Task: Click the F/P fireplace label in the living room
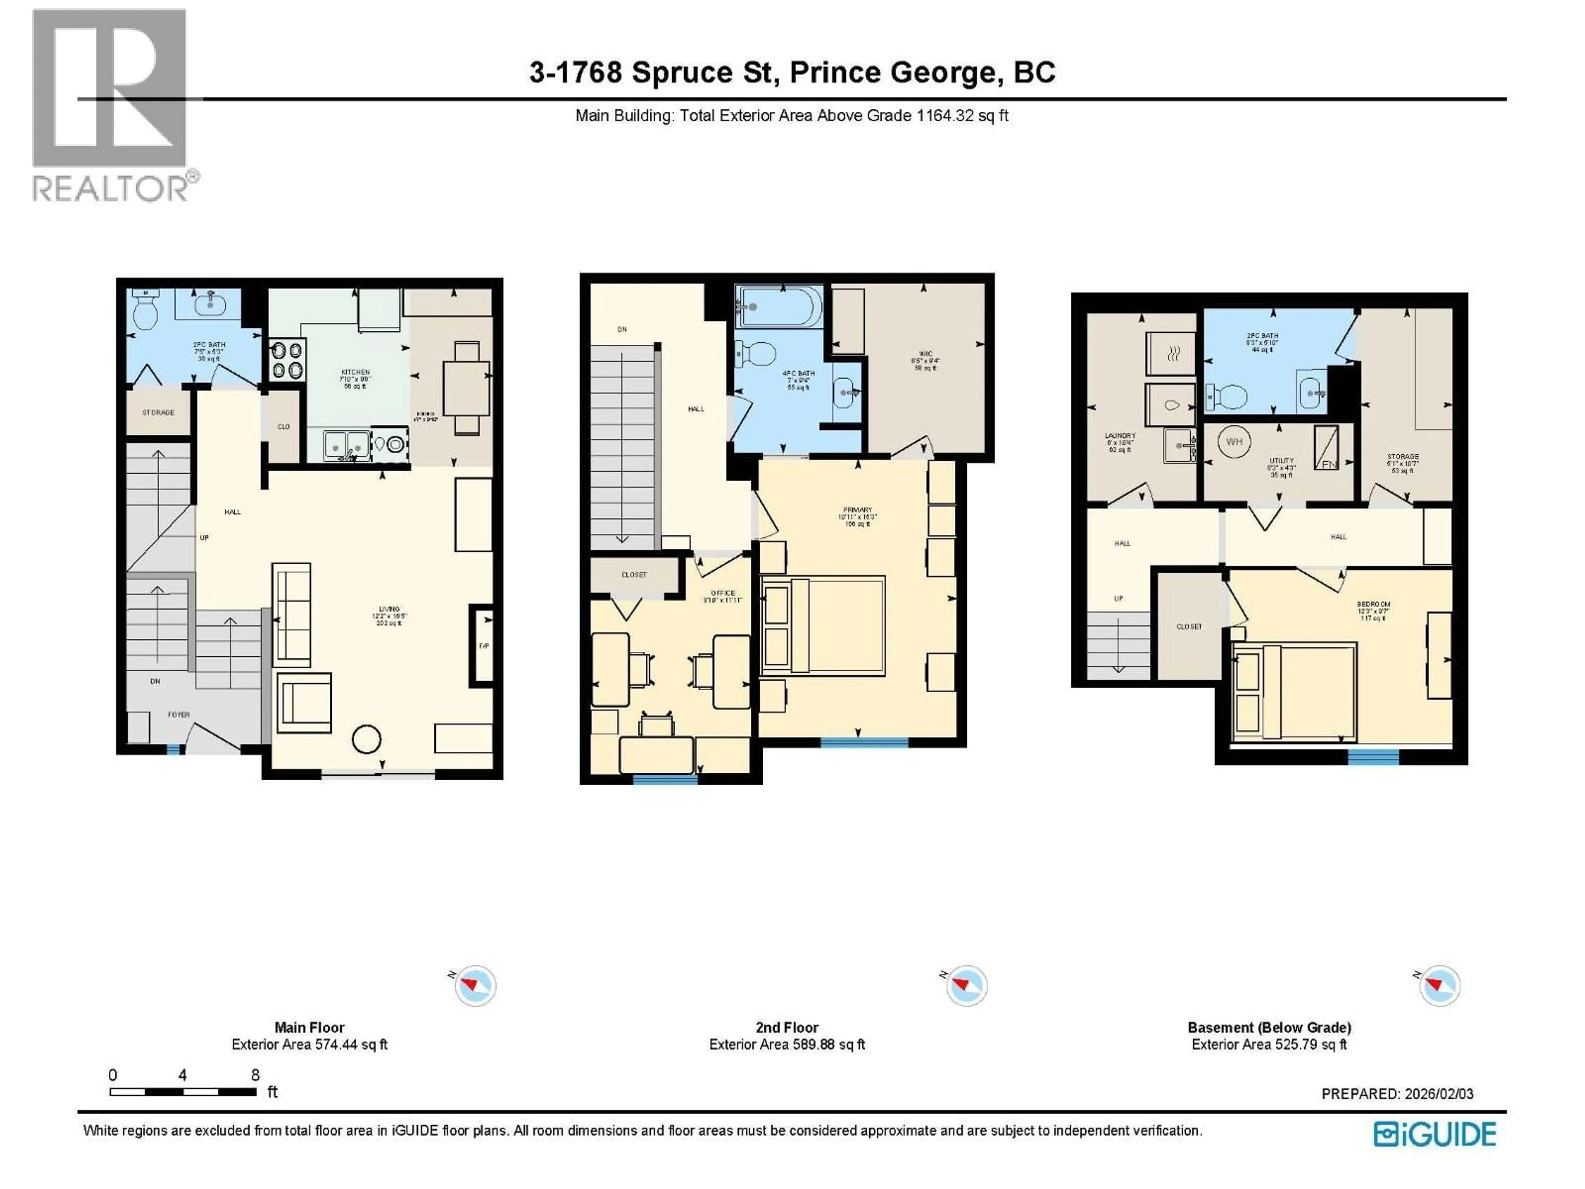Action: click(x=484, y=646)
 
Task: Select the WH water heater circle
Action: click(x=1234, y=441)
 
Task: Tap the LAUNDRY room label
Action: click(x=1119, y=436)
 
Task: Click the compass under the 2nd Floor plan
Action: click(x=967, y=985)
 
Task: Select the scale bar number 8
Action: click(x=255, y=1074)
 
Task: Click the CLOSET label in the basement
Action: click(x=1189, y=626)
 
